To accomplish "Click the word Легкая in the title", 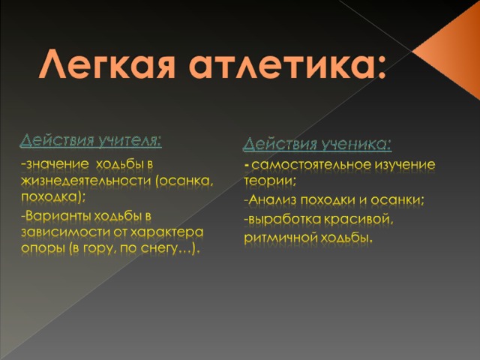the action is [107, 64].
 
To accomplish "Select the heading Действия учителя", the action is [91, 141].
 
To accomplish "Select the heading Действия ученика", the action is [316, 144].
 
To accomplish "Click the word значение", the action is [58, 164].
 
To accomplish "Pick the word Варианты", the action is [58, 217].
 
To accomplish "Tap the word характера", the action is [166, 232].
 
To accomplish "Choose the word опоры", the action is [43, 248].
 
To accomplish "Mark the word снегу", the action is [159, 248].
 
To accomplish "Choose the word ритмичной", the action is [280, 238].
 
